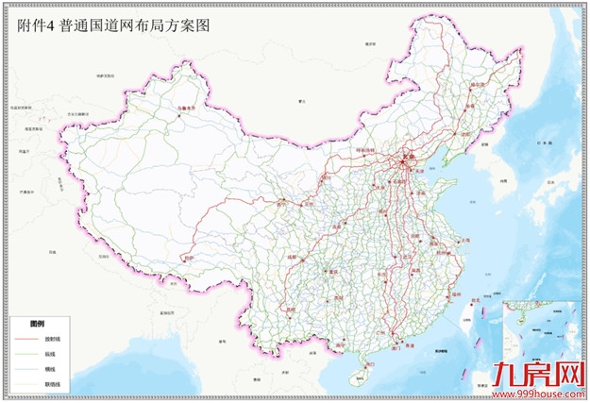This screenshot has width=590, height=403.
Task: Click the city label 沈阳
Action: (462, 134)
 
